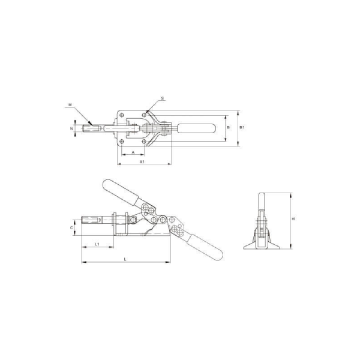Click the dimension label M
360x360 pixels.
(70, 104)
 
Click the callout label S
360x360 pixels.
(163, 98)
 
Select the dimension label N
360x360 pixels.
(71, 128)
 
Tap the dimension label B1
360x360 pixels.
(242, 127)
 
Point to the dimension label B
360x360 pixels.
(228, 127)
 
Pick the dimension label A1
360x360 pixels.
(142, 161)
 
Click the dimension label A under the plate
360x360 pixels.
(133, 152)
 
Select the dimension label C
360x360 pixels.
(71, 228)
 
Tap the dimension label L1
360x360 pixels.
(97, 244)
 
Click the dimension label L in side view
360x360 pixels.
(125, 259)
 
